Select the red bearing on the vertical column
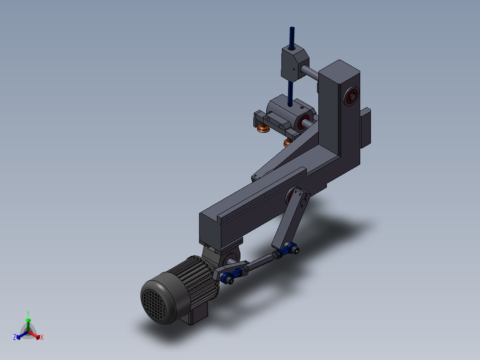click(x=351, y=96)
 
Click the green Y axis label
click(x=28, y=313)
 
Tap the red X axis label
click(x=42, y=338)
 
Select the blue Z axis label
click(x=15, y=337)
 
